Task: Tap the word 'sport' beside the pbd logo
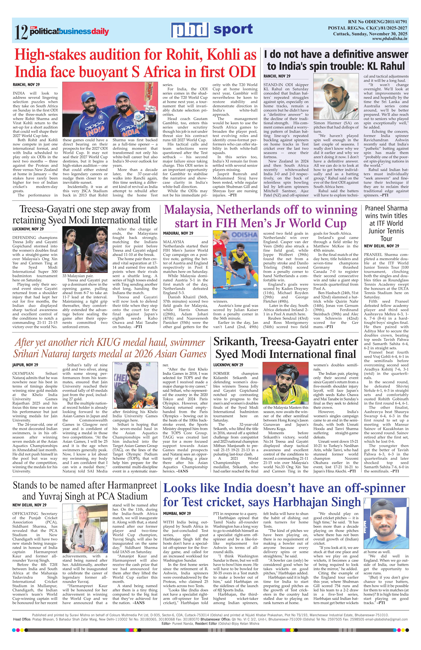(233, 29)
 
